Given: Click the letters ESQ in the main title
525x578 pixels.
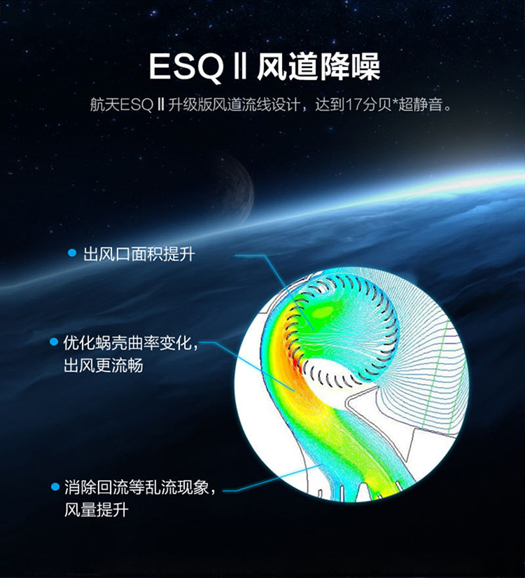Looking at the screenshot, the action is click(x=186, y=67).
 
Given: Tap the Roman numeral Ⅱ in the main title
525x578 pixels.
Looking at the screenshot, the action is click(x=240, y=67).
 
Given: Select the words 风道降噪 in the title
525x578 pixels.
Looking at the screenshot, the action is click(x=318, y=67).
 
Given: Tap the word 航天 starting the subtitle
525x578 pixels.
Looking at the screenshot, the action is click(x=104, y=105).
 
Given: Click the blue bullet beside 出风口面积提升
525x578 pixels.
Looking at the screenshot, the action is click(x=72, y=253).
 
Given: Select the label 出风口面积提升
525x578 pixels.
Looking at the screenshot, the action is click(x=139, y=254).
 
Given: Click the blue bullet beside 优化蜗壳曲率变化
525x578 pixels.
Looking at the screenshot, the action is click(x=54, y=342).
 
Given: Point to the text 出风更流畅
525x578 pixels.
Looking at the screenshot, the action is click(x=104, y=366).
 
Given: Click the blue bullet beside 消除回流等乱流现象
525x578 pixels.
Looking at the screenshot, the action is click(x=55, y=487).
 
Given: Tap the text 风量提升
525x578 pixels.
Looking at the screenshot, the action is click(x=97, y=510).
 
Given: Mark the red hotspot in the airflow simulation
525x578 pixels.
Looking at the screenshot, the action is click(x=300, y=368).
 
